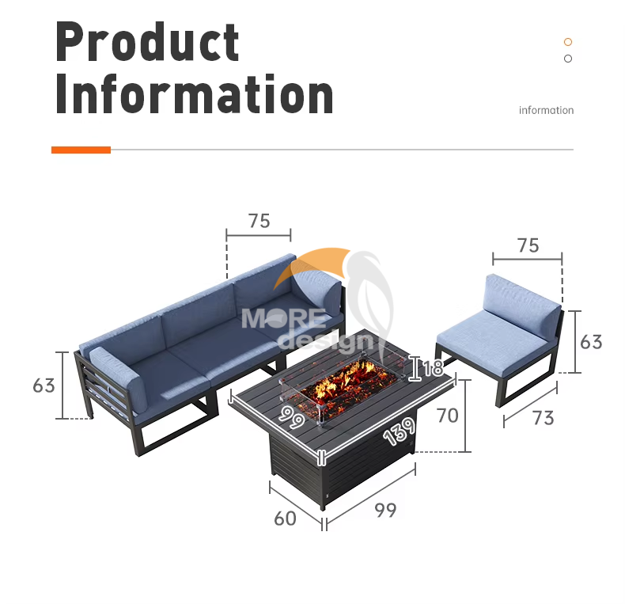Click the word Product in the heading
tap(147, 43)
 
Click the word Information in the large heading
tap(194, 95)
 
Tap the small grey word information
tap(546, 110)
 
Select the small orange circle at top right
tap(568, 42)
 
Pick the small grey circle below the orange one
tap(568, 59)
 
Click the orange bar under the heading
tap(81, 150)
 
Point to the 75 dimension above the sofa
tap(259, 221)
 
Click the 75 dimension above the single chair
tap(528, 245)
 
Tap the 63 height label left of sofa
tap(44, 386)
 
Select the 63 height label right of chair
tap(591, 342)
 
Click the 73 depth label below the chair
tap(543, 417)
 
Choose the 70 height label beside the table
tap(448, 415)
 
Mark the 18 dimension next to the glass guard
tap(432, 368)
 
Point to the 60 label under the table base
tap(285, 519)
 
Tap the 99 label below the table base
tap(384, 511)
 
